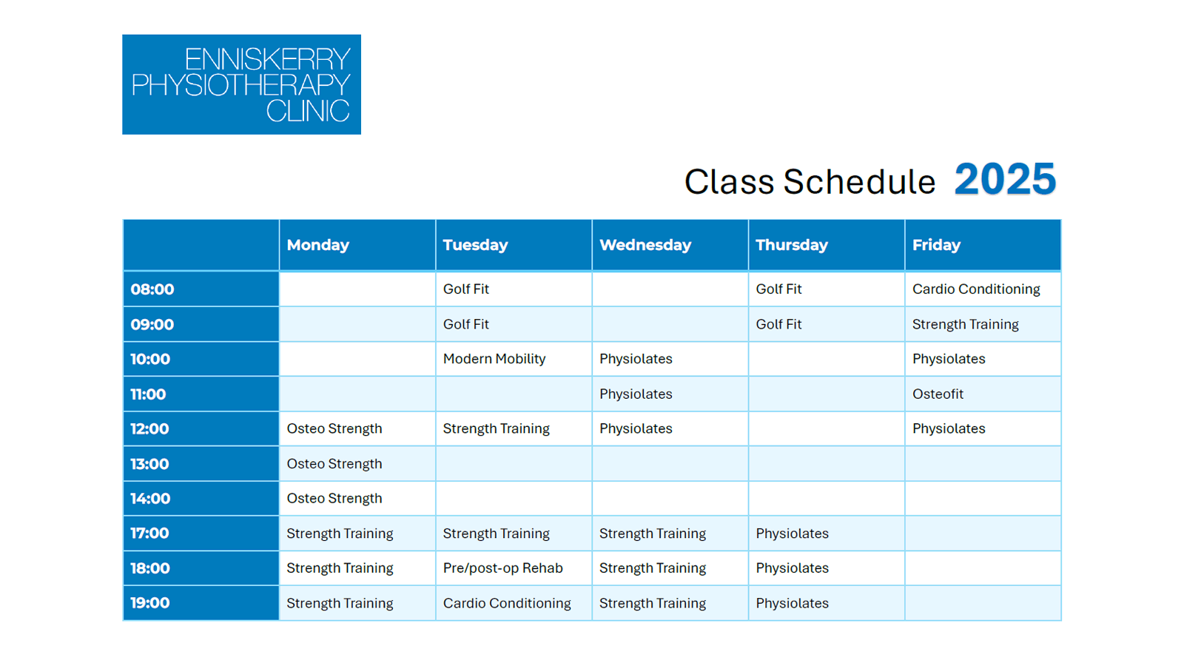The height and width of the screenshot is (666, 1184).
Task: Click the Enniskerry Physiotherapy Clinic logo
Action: point(241,84)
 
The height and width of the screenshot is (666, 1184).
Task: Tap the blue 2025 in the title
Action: point(1005,180)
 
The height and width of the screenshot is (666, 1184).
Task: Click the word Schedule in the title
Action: point(859,182)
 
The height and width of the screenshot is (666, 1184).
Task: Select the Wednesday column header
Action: point(645,245)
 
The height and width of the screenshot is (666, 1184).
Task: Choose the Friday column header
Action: point(936,245)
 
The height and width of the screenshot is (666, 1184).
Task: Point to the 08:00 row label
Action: point(152,289)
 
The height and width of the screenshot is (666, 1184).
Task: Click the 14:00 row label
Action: point(150,499)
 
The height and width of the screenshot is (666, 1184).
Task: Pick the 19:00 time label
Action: point(150,603)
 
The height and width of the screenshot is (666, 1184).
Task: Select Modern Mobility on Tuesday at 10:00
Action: point(494,359)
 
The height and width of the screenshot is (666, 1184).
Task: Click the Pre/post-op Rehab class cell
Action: point(502,568)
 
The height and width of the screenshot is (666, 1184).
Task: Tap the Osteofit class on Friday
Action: point(938,394)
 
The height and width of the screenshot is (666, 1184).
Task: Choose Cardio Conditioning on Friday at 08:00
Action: point(976,289)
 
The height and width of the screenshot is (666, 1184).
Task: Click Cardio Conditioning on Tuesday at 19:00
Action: point(506,603)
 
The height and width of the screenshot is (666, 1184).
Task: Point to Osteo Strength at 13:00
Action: point(334,463)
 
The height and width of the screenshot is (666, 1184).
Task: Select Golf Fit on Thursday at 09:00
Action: point(778,324)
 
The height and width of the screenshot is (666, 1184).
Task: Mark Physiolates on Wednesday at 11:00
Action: point(636,394)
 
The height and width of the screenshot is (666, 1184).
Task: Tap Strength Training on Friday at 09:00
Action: point(965,324)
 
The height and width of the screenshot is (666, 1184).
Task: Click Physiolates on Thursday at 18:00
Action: point(792,568)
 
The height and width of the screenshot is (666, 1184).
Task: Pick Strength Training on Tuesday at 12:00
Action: point(496,428)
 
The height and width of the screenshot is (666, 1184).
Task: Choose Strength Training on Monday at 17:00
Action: point(340,534)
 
